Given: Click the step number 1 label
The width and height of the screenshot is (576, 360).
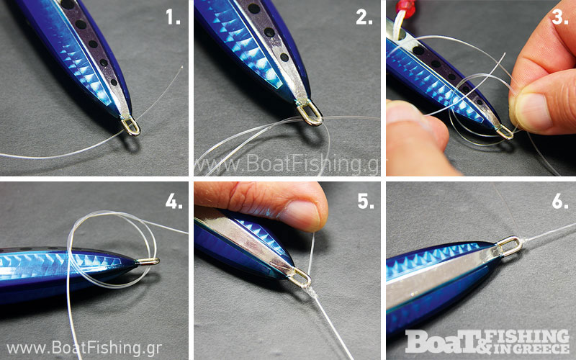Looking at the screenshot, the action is pyautogui.click(x=173, y=17).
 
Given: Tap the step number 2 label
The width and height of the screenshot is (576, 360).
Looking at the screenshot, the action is pyautogui.click(x=364, y=17).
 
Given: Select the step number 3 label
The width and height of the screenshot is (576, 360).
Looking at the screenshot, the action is pyautogui.click(x=559, y=17).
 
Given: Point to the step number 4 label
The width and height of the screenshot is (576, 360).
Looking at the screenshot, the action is pyautogui.click(x=174, y=201).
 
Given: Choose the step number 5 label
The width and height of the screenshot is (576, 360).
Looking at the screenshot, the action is pyautogui.click(x=366, y=201).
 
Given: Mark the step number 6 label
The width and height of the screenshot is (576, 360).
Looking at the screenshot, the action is pyautogui.click(x=560, y=201).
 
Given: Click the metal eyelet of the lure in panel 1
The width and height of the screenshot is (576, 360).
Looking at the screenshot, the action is pyautogui.click(x=131, y=125).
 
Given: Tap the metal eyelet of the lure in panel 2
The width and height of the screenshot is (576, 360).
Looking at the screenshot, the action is pyautogui.click(x=310, y=113).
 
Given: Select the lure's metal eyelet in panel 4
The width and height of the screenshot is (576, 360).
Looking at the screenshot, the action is pyautogui.click(x=148, y=261).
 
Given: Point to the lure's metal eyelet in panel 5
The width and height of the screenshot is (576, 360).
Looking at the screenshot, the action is pyautogui.click(x=300, y=278).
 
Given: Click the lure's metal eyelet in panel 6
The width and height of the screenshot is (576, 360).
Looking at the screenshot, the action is pyautogui.click(x=510, y=246).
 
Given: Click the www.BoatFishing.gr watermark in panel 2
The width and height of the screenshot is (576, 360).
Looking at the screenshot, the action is pyautogui.click(x=287, y=163).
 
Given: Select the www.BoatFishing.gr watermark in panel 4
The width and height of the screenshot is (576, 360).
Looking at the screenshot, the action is pyautogui.click(x=84, y=348).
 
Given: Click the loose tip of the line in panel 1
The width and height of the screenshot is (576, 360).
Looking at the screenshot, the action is pyautogui.click(x=182, y=67).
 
